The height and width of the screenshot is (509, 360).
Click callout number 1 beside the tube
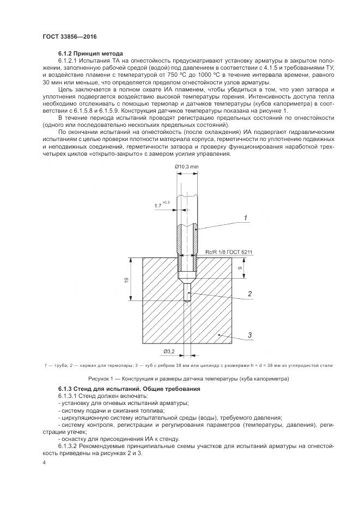[245, 218]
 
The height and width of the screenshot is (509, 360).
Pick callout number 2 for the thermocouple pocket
[249, 293]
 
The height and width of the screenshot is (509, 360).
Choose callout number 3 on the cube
[249, 335]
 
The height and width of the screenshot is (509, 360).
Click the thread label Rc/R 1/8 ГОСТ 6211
[229, 252]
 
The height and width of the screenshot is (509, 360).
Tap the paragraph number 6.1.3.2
[70, 446]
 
